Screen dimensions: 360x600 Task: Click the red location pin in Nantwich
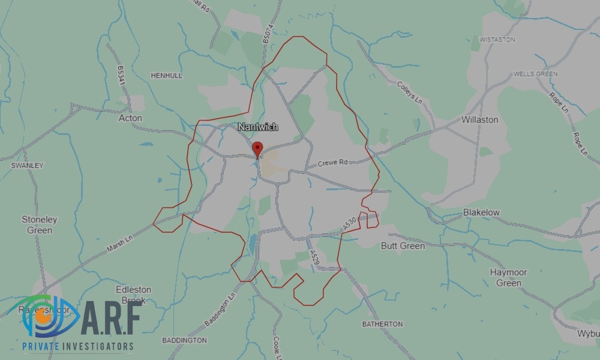click(257, 148)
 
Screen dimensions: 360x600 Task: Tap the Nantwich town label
click(258, 127)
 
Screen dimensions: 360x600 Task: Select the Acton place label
click(130, 118)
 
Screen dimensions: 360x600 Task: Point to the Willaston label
click(479, 119)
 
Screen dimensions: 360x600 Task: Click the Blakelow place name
click(481, 212)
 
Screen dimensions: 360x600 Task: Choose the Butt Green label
click(403, 245)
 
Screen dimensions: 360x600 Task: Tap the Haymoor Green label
click(508, 277)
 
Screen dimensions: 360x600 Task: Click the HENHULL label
click(166, 76)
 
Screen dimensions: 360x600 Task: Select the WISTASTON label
click(497, 40)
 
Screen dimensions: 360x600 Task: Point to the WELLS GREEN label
click(535, 74)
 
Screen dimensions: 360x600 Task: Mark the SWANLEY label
click(28, 165)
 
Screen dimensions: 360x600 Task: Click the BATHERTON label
click(382, 324)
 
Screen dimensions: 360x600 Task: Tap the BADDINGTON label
click(184, 340)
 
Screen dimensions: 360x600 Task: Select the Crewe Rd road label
click(332, 163)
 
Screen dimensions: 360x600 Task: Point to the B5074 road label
click(268, 33)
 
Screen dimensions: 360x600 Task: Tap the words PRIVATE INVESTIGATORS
click(78, 346)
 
